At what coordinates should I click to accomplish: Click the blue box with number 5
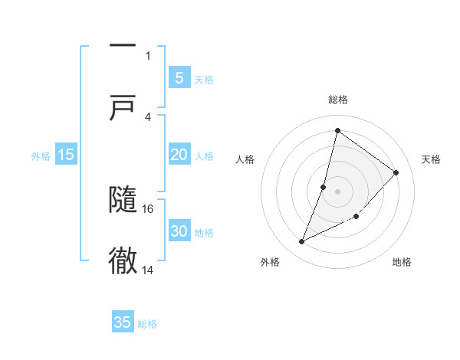coord(179,77)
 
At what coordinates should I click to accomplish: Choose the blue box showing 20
coord(179,155)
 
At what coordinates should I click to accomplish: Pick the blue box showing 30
coord(179,231)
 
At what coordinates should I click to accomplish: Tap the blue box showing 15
coord(66,155)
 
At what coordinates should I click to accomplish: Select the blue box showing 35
coord(123,322)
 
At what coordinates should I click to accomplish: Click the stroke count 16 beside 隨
coord(148,208)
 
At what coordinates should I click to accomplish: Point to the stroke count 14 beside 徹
coord(148,270)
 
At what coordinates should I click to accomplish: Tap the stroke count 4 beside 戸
coord(147,116)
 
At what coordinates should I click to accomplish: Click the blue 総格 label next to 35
coord(147,324)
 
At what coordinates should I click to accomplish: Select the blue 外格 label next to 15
coord(41,156)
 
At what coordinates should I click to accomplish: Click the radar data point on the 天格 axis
coord(396,172)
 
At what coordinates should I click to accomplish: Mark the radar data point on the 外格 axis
coord(302,242)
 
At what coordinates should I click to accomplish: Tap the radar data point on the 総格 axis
coord(337,131)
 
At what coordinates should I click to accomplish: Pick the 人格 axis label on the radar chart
coord(245,159)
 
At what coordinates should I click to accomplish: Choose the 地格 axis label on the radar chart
coord(402,262)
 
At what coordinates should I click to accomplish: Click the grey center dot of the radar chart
coord(337,191)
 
